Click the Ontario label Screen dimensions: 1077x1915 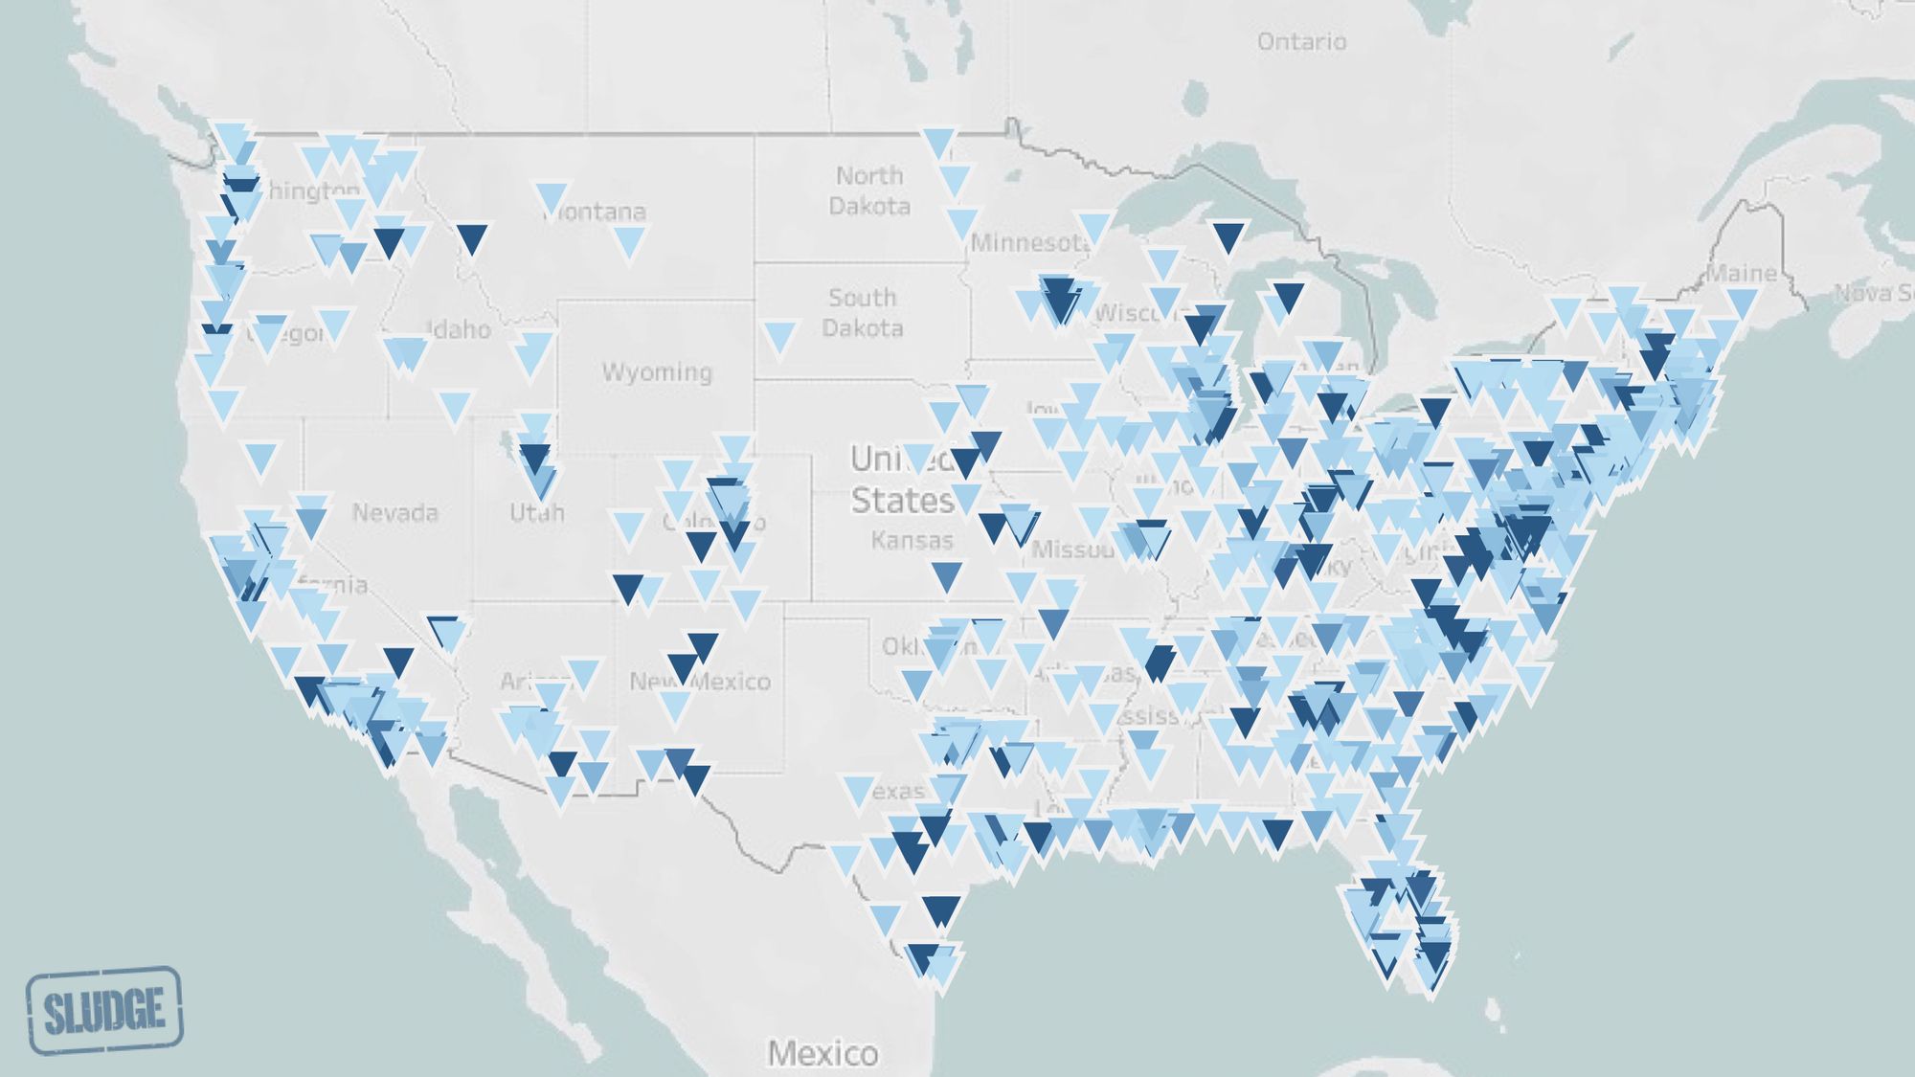(1301, 41)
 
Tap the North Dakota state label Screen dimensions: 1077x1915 (869, 191)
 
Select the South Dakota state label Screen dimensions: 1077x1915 (862, 313)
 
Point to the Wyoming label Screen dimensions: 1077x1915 (657, 371)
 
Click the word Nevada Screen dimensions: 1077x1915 (394, 512)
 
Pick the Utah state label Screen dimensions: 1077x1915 (536, 513)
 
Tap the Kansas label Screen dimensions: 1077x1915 (912, 541)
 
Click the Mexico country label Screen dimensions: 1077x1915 (822, 1053)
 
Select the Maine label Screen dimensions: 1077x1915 (1742, 274)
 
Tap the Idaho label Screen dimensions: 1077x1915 (460, 330)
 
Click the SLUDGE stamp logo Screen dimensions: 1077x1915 (104, 1010)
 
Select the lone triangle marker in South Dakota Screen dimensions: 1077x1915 (779, 336)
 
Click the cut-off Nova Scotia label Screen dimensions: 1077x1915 (1875, 293)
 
